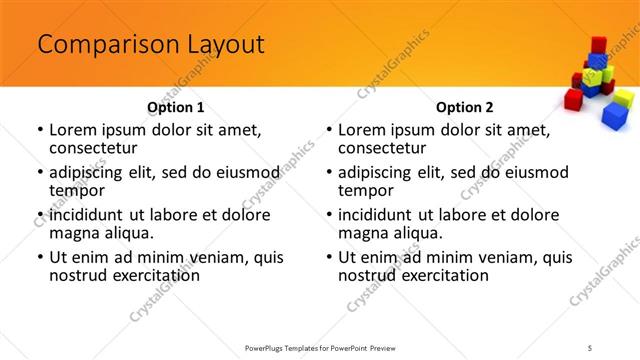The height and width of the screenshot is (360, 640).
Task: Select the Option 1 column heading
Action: (175, 106)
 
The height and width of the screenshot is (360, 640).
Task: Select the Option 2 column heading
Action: (465, 106)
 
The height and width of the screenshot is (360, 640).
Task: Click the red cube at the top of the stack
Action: (598, 45)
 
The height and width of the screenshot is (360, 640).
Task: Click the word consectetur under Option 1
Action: (92, 148)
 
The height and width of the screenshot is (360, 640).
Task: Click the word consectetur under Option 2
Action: (382, 148)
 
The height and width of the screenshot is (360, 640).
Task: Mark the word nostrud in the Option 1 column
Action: (79, 275)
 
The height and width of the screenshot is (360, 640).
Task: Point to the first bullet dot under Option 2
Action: (329, 130)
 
